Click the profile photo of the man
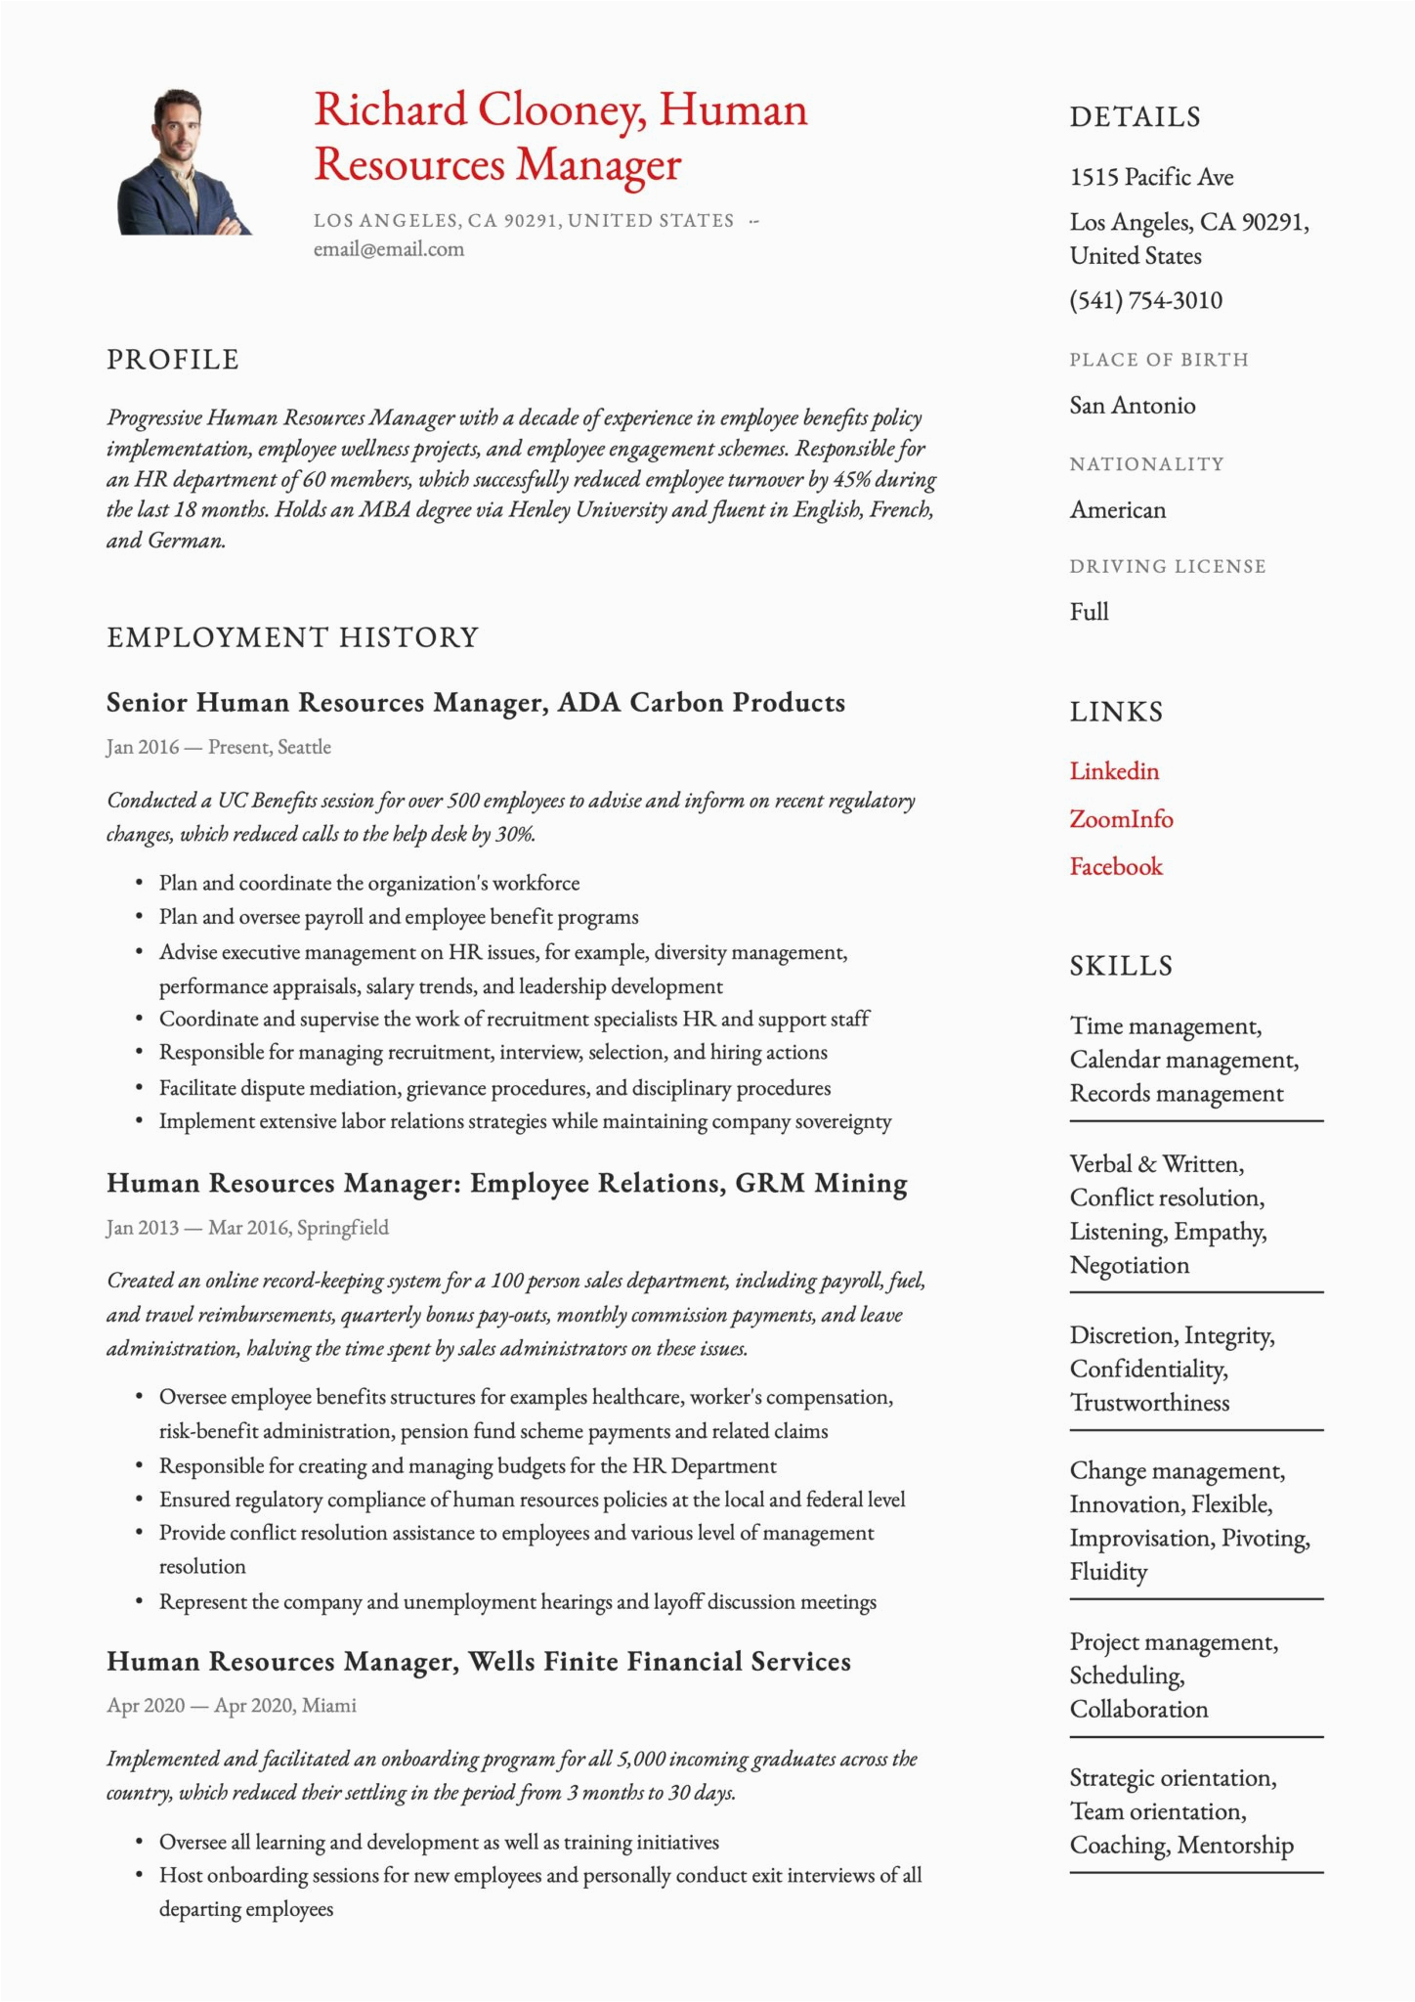point(183,162)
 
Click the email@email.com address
point(388,249)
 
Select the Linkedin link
point(1114,771)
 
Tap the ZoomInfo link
point(1121,819)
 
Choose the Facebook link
point(1116,867)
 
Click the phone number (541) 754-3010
point(1145,300)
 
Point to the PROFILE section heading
point(173,360)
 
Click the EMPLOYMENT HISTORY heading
point(292,637)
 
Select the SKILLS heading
point(1121,966)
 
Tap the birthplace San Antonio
point(1132,406)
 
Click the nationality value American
point(1117,510)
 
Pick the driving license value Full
point(1089,612)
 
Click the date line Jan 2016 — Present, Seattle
point(219,748)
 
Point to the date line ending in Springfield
point(247,1228)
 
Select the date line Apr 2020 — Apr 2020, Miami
point(232,1706)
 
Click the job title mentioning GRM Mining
point(506,1184)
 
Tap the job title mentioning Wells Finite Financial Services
point(478,1662)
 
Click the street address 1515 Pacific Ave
point(1151,177)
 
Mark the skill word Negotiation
point(1129,1266)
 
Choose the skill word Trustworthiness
point(1149,1404)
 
